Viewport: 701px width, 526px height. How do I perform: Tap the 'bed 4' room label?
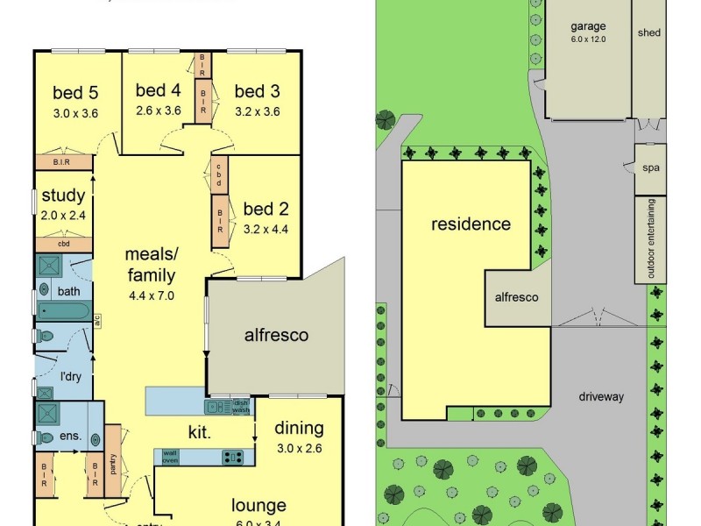pyautogui.click(x=159, y=90)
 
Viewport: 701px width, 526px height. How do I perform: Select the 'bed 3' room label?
pyautogui.click(x=257, y=90)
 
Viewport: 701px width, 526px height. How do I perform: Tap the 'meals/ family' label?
pyautogui.click(x=152, y=264)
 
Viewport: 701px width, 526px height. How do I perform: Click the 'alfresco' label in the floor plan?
pyautogui.click(x=275, y=335)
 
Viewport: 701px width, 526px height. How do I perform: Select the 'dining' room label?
pyautogui.click(x=299, y=429)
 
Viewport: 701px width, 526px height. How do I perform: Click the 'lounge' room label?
pyautogui.click(x=258, y=505)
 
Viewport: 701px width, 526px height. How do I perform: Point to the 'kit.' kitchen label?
pyautogui.click(x=201, y=432)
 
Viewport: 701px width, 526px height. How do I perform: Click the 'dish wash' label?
pyautogui.click(x=241, y=406)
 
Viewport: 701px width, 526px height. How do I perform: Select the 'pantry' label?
pyautogui.click(x=113, y=464)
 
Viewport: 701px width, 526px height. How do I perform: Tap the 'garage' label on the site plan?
pyautogui.click(x=587, y=27)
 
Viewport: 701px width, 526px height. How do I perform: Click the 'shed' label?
pyautogui.click(x=649, y=32)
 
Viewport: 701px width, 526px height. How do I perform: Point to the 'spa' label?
pyautogui.click(x=651, y=168)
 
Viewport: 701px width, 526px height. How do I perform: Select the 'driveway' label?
pyautogui.click(x=601, y=396)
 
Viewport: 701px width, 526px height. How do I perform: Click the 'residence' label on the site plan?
pyautogui.click(x=471, y=224)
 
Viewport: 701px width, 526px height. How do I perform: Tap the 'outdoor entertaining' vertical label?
pyautogui.click(x=651, y=239)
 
